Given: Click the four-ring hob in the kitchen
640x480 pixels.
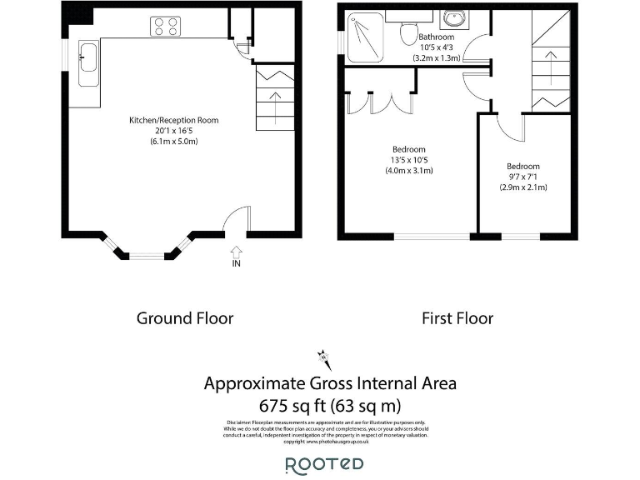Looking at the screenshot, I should pyautogui.click(x=166, y=27).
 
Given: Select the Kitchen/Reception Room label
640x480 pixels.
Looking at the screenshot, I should pyautogui.click(x=173, y=121).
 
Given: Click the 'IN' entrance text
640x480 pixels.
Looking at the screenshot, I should pyautogui.click(x=236, y=264).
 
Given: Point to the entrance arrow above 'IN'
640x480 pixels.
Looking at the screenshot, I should pyautogui.click(x=236, y=250).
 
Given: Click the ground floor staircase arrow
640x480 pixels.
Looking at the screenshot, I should pyautogui.click(x=274, y=107).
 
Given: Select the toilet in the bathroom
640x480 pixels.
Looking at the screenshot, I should pyautogui.click(x=408, y=32).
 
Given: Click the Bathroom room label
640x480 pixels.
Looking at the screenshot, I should pyautogui.click(x=436, y=37).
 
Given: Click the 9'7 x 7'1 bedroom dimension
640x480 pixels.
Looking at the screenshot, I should pyautogui.click(x=522, y=177).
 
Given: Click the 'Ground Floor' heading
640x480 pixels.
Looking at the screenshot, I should pyautogui.click(x=184, y=318).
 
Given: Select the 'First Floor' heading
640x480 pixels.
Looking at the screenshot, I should pyautogui.click(x=457, y=318).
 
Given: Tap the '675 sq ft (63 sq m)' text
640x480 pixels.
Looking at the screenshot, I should pyautogui.click(x=330, y=407).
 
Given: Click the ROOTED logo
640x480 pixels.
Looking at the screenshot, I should pyautogui.click(x=324, y=465).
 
